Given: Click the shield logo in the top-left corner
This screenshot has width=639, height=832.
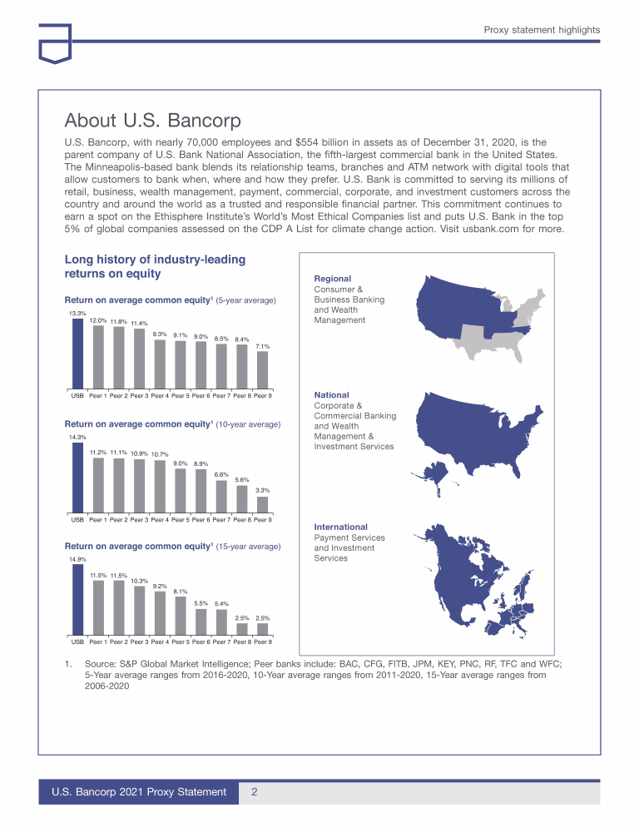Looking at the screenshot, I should click(55, 43).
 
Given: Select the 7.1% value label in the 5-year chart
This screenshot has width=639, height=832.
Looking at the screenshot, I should click(263, 346).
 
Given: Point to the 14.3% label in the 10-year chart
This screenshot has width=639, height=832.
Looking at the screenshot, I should click(77, 437).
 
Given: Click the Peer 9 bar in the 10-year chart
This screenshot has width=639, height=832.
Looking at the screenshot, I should click(263, 503).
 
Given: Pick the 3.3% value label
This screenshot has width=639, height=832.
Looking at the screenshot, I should click(263, 491).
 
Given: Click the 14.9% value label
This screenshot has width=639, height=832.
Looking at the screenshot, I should click(77, 560).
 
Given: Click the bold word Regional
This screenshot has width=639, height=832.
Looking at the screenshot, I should click(332, 279).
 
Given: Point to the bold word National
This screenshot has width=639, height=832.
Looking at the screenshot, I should click(331, 394).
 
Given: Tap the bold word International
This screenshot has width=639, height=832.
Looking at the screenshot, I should click(340, 527).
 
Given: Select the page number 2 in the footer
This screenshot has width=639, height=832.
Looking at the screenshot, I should click(254, 792).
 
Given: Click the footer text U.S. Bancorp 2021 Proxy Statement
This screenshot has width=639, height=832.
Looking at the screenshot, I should click(139, 792).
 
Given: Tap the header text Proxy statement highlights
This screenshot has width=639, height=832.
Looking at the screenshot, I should click(542, 30).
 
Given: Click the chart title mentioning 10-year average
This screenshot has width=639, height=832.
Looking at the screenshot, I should click(173, 424).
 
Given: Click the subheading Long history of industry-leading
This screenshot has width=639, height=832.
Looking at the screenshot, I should click(155, 260).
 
